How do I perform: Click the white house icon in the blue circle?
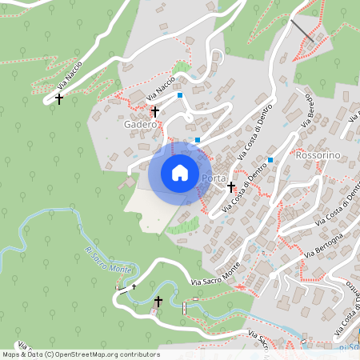click(179, 173)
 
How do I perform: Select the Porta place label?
click(214, 178)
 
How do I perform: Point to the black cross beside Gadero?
click(155, 111)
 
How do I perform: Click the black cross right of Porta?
click(231, 187)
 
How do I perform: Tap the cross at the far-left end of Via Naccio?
click(58, 98)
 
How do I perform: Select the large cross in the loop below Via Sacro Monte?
click(158, 302)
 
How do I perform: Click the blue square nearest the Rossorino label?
click(271, 160)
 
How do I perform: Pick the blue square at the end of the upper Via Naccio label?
click(181, 95)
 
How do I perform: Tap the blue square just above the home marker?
click(198, 140)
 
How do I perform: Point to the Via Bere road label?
click(306, 110)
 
